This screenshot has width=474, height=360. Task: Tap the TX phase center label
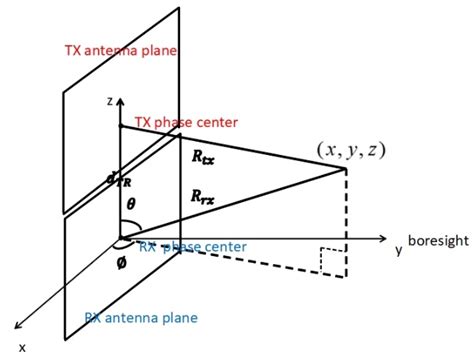pos(186,122)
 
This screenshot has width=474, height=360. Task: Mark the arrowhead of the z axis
pos(120,101)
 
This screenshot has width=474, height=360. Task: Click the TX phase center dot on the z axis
pos(120,125)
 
